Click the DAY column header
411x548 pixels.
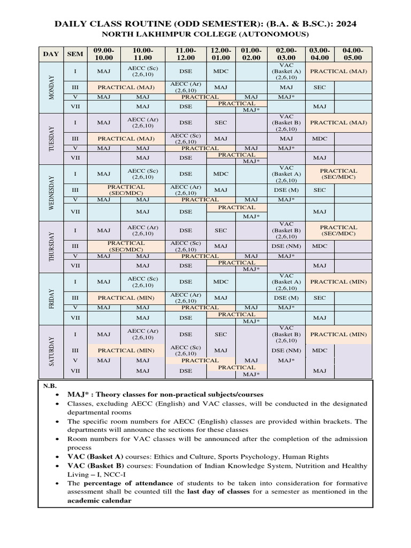coord(51,54)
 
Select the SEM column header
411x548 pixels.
coord(75,54)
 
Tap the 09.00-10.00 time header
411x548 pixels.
coord(104,54)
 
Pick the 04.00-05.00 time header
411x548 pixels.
coord(353,54)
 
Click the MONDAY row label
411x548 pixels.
coord(52,87)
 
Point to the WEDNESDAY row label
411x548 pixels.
coord(52,193)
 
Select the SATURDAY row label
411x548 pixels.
coord(52,351)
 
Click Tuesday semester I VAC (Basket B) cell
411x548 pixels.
coord(286,123)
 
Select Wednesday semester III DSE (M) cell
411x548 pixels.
coord(286,190)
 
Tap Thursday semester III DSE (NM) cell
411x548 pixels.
coord(286,246)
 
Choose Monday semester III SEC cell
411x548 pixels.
coord(319,87)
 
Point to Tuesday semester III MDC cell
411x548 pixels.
coord(319,139)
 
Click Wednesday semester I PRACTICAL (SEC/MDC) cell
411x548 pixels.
coord(338,174)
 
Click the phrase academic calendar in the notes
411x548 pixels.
coord(98,501)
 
